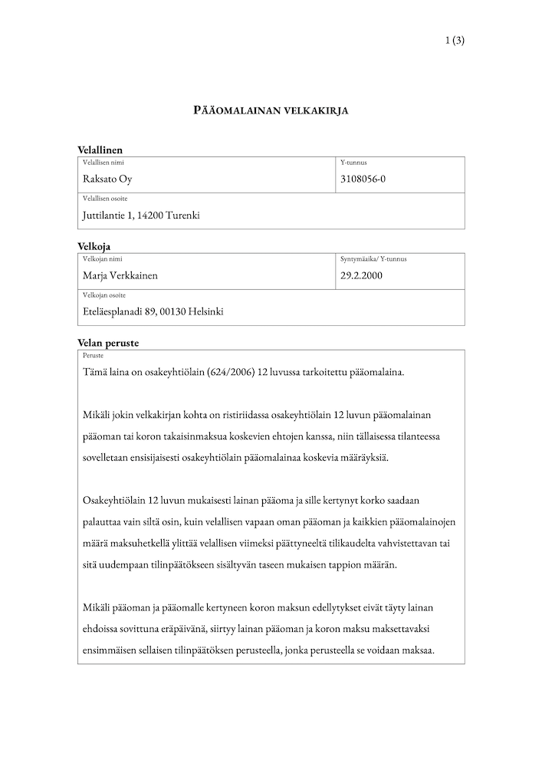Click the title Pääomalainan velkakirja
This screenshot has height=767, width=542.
(x=271, y=110)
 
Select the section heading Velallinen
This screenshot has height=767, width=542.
(x=100, y=150)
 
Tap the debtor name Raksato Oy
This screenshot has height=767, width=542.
(x=107, y=179)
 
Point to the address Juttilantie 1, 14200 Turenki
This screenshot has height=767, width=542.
(x=141, y=216)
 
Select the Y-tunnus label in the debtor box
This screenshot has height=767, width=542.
(x=353, y=163)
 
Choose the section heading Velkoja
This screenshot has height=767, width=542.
(x=94, y=247)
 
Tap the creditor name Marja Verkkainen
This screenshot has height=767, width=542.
(x=120, y=276)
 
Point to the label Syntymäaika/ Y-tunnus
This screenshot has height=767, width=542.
(x=373, y=259)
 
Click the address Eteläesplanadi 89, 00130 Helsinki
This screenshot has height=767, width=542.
(x=153, y=311)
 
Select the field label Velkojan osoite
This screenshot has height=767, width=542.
(x=104, y=295)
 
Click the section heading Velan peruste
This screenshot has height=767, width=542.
(x=107, y=344)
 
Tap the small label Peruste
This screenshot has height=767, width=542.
(x=93, y=356)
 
